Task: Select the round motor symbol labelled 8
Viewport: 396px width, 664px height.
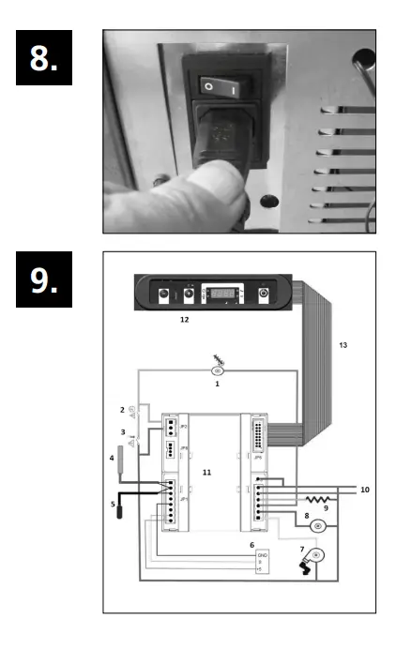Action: pyautogui.click(x=318, y=526)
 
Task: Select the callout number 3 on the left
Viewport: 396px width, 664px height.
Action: pyautogui.click(x=123, y=430)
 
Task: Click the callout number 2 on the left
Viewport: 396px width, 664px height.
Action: pyautogui.click(x=122, y=410)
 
